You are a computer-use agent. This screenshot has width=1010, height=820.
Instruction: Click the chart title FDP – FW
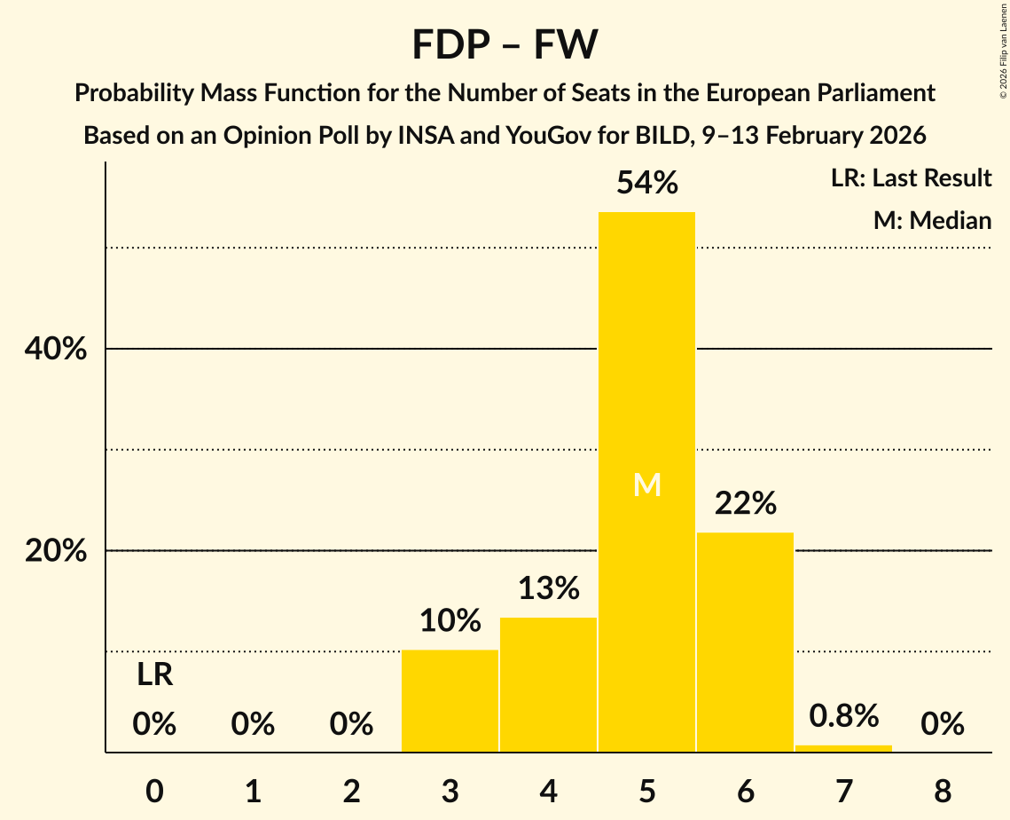505,44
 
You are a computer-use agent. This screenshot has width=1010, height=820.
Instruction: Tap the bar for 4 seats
548,684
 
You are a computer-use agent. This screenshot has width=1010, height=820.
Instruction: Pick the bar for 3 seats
450,701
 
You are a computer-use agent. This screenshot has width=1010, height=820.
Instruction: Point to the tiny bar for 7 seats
843,748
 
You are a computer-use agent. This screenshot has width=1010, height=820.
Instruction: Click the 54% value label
646,183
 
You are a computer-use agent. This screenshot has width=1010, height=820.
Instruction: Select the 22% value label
745,504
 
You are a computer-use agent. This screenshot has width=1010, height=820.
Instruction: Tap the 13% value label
548,588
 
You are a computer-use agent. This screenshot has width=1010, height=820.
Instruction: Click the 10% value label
450,620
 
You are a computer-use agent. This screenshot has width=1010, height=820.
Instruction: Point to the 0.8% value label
843,715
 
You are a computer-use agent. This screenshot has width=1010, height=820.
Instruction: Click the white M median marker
646,485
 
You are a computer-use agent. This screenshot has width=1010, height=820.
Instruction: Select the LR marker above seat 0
154,675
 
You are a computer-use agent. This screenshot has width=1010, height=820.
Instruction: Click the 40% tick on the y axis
56,350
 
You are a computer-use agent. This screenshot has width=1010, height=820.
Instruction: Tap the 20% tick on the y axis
56,551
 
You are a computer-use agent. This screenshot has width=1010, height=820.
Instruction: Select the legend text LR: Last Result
911,178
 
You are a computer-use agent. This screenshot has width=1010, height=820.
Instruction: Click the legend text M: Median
932,220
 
